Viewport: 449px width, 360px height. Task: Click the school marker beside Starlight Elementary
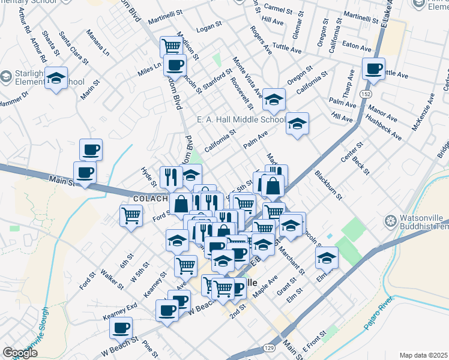coord(56,79)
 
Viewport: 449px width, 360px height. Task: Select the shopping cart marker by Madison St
coord(172,46)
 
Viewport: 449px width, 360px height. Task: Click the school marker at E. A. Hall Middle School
coord(297,123)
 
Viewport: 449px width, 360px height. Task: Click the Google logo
coord(20,353)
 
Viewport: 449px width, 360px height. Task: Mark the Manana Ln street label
coord(97,41)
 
